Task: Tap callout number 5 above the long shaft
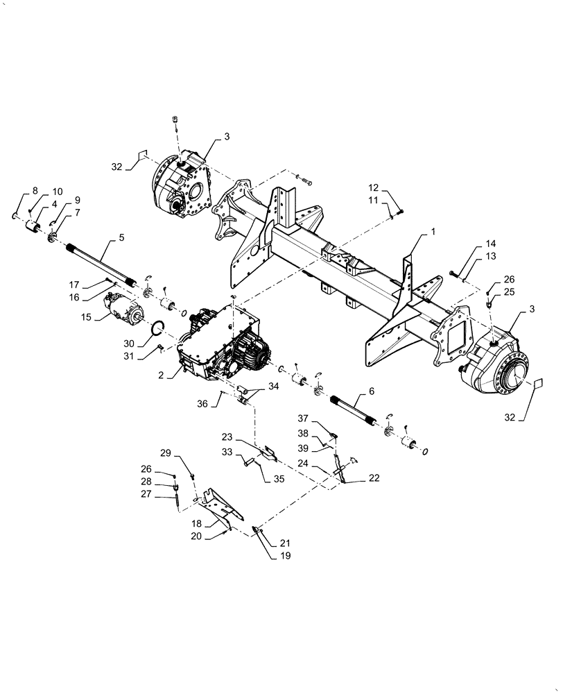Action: point(121,237)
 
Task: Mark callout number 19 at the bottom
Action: point(267,556)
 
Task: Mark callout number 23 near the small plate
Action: point(227,437)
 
